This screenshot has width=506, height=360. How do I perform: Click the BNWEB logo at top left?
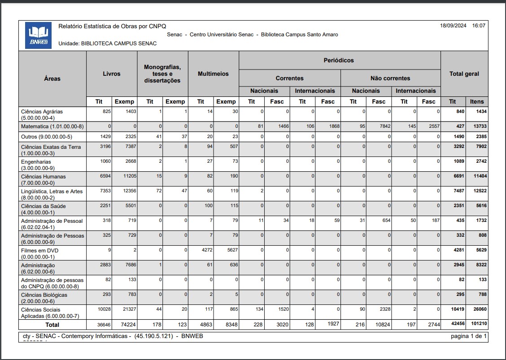point(38,35)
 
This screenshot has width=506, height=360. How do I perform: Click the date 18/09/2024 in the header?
point(454,26)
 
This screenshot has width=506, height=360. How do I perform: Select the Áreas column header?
point(52,78)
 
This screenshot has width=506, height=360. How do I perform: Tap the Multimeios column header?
point(213,74)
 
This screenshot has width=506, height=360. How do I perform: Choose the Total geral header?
point(464,74)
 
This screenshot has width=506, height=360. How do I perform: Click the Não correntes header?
point(390,78)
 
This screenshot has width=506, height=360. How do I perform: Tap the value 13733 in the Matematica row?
point(478,126)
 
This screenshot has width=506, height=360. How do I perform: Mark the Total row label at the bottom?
point(52,324)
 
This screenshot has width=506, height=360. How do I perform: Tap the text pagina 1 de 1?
point(469,336)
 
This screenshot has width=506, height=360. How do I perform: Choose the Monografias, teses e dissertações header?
point(162,74)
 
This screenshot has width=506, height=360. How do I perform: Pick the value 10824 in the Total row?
point(381,324)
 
